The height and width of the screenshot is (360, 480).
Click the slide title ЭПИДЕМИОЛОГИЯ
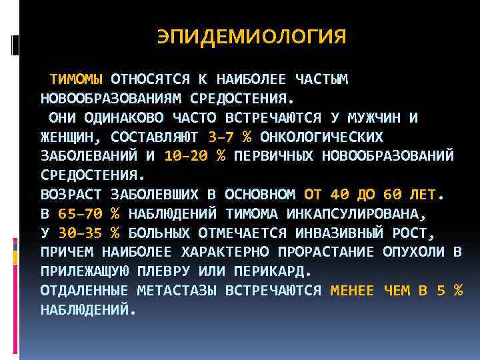[251, 37]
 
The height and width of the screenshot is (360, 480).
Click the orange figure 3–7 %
[229, 137]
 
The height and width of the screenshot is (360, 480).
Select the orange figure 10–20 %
[194, 156]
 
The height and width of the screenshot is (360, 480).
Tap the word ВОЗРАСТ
[71, 195]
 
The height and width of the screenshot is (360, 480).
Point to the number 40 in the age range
[339, 195]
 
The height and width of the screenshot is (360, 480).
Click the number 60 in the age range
[393, 195]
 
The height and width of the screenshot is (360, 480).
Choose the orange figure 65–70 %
[89, 214]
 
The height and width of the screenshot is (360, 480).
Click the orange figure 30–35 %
[89, 233]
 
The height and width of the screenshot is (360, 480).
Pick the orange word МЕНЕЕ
[352, 291]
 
